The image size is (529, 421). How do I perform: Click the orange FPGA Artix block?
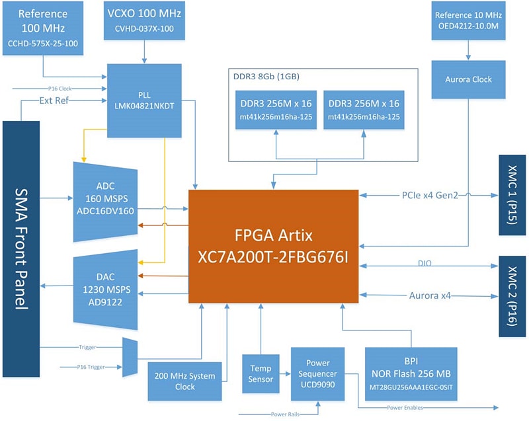274,246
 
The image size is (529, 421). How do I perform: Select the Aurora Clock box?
468,79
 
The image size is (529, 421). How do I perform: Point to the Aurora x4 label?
430,295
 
